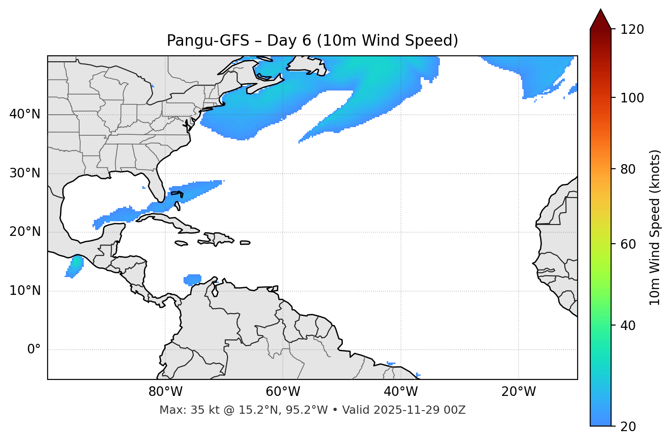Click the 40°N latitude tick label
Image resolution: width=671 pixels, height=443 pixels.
click(25, 114)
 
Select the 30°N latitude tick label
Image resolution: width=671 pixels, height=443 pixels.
click(25, 173)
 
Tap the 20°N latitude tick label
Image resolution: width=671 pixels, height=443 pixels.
click(25, 232)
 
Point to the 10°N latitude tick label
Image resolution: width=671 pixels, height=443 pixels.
click(25, 291)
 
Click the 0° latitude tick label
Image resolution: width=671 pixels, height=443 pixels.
click(34, 350)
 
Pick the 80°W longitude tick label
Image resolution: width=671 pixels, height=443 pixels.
click(165, 392)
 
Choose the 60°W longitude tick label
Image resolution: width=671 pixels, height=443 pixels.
click(283, 392)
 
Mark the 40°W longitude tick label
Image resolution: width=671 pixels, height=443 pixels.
click(400, 392)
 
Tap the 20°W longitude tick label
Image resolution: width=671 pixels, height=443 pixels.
click(519, 392)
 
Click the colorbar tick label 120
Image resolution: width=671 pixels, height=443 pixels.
click(632, 29)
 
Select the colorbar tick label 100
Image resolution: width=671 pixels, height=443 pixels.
click(632, 98)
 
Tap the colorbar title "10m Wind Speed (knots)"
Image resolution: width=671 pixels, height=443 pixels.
click(655, 227)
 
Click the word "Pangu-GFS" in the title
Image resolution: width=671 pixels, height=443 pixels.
click(208, 41)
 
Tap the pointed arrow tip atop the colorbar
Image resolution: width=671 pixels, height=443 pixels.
click(601, 11)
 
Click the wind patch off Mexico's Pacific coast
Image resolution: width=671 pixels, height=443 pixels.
click(75, 265)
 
